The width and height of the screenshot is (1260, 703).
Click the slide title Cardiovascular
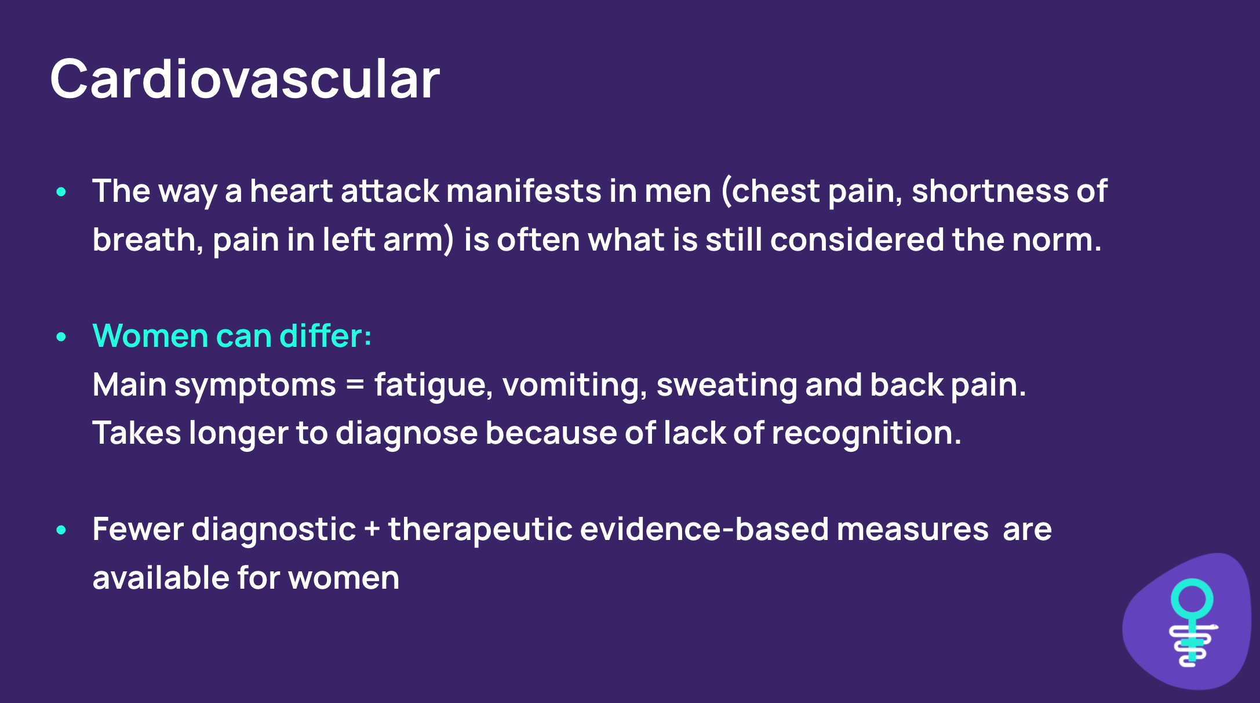click(245, 79)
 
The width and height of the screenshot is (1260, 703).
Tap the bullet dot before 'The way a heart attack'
click(61, 192)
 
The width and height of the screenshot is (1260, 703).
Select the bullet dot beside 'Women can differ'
click(61, 337)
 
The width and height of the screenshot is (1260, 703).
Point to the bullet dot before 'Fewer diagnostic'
click(61, 530)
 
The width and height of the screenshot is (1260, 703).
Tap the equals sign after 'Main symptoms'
click(355, 385)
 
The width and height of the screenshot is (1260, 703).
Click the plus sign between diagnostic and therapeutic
click(372, 530)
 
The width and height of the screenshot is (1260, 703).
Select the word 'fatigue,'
click(433, 385)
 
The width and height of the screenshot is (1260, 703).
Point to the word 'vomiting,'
click(574, 385)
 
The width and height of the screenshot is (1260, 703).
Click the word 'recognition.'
click(866, 434)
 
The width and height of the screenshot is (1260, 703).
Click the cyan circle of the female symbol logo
click(1192, 599)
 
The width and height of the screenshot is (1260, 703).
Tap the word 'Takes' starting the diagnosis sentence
click(137, 433)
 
